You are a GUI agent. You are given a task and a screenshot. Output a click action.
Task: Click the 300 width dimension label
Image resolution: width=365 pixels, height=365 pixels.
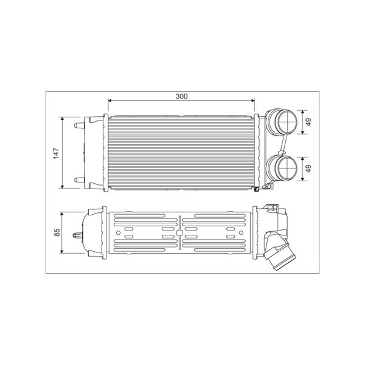click(181, 96)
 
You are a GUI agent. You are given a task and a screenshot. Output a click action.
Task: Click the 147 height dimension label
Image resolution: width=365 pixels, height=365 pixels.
click(57, 153)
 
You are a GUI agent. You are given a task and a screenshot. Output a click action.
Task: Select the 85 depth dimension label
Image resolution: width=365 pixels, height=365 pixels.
click(57, 232)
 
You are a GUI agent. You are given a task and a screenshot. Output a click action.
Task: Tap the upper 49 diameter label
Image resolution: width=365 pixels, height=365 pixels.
click(308, 122)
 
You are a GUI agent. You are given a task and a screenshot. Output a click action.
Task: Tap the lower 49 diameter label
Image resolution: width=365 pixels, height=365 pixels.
click(308, 169)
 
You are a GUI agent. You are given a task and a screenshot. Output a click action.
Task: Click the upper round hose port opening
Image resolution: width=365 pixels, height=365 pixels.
click(288, 122)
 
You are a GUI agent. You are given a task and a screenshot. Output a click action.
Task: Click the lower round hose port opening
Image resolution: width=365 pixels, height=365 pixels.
click(288, 168)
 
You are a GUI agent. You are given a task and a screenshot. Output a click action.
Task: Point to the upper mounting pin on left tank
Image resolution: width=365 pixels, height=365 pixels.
click(79, 126)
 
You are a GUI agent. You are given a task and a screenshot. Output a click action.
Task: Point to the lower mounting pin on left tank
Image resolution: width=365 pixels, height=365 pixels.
click(79, 180)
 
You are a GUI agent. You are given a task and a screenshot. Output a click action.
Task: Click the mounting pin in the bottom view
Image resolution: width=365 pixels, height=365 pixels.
click(78, 235)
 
